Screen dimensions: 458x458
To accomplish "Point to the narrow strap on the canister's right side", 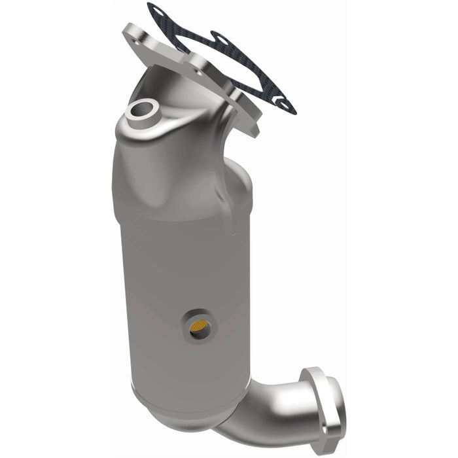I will [229, 216].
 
